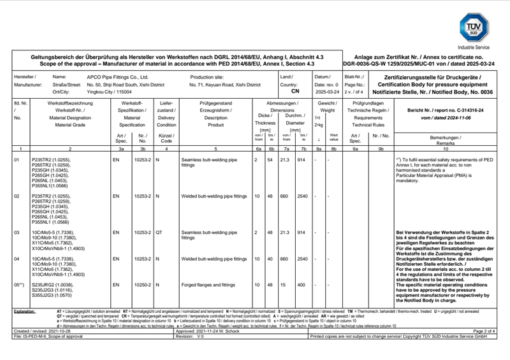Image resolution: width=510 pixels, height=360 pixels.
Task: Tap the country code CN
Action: click(295, 91)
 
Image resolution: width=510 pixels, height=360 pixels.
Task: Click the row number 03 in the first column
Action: click(17, 233)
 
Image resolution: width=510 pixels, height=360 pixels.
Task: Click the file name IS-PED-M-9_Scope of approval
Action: click(54, 336)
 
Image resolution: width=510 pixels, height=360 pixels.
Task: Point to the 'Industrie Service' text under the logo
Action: click(474, 47)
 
